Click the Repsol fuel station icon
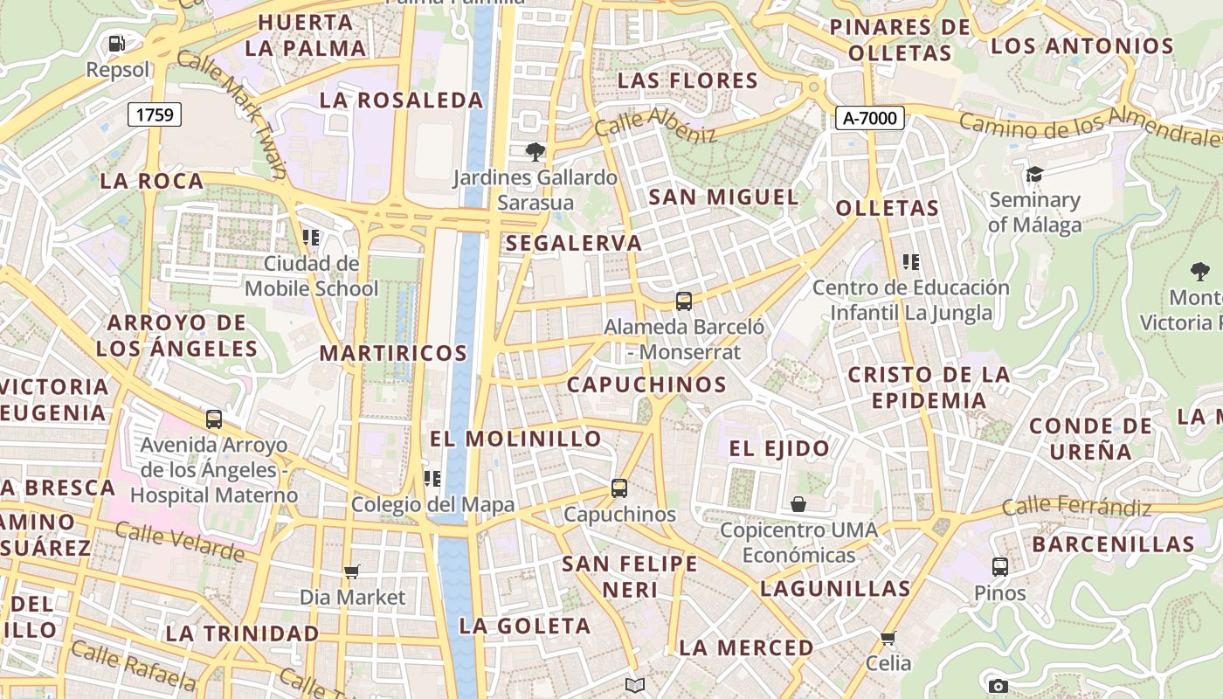pyautogui.click(x=116, y=44)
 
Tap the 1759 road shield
pyautogui.click(x=155, y=114)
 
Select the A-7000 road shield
pyautogui.click(x=869, y=117)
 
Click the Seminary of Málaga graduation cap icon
pyautogui.click(x=1034, y=175)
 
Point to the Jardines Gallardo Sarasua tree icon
pyautogui.click(x=534, y=153)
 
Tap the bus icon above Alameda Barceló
pyautogui.click(x=684, y=301)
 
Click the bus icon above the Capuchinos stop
pyautogui.click(x=619, y=488)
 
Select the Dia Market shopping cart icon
pyautogui.click(x=352, y=572)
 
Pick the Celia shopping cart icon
pyautogui.click(x=888, y=639)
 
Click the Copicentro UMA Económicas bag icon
pyautogui.click(x=798, y=504)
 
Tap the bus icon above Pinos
pyautogui.click(x=1000, y=567)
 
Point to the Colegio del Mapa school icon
pyautogui.click(x=432, y=479)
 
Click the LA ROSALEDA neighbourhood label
pyautogui.click(x=401, y=100)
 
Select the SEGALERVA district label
pyautogui.click(x=573, y=243)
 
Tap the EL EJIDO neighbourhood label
pyautogui.click(x=779, y=449)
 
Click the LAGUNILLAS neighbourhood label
pyautogui.click(x=835, y=588)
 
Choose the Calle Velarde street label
pyautogui.click(x=180, y=541)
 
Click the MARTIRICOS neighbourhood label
pyautogui.click(x=393, y=353)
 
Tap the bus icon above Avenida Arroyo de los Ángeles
pyautogui.click(x=214, y=419)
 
